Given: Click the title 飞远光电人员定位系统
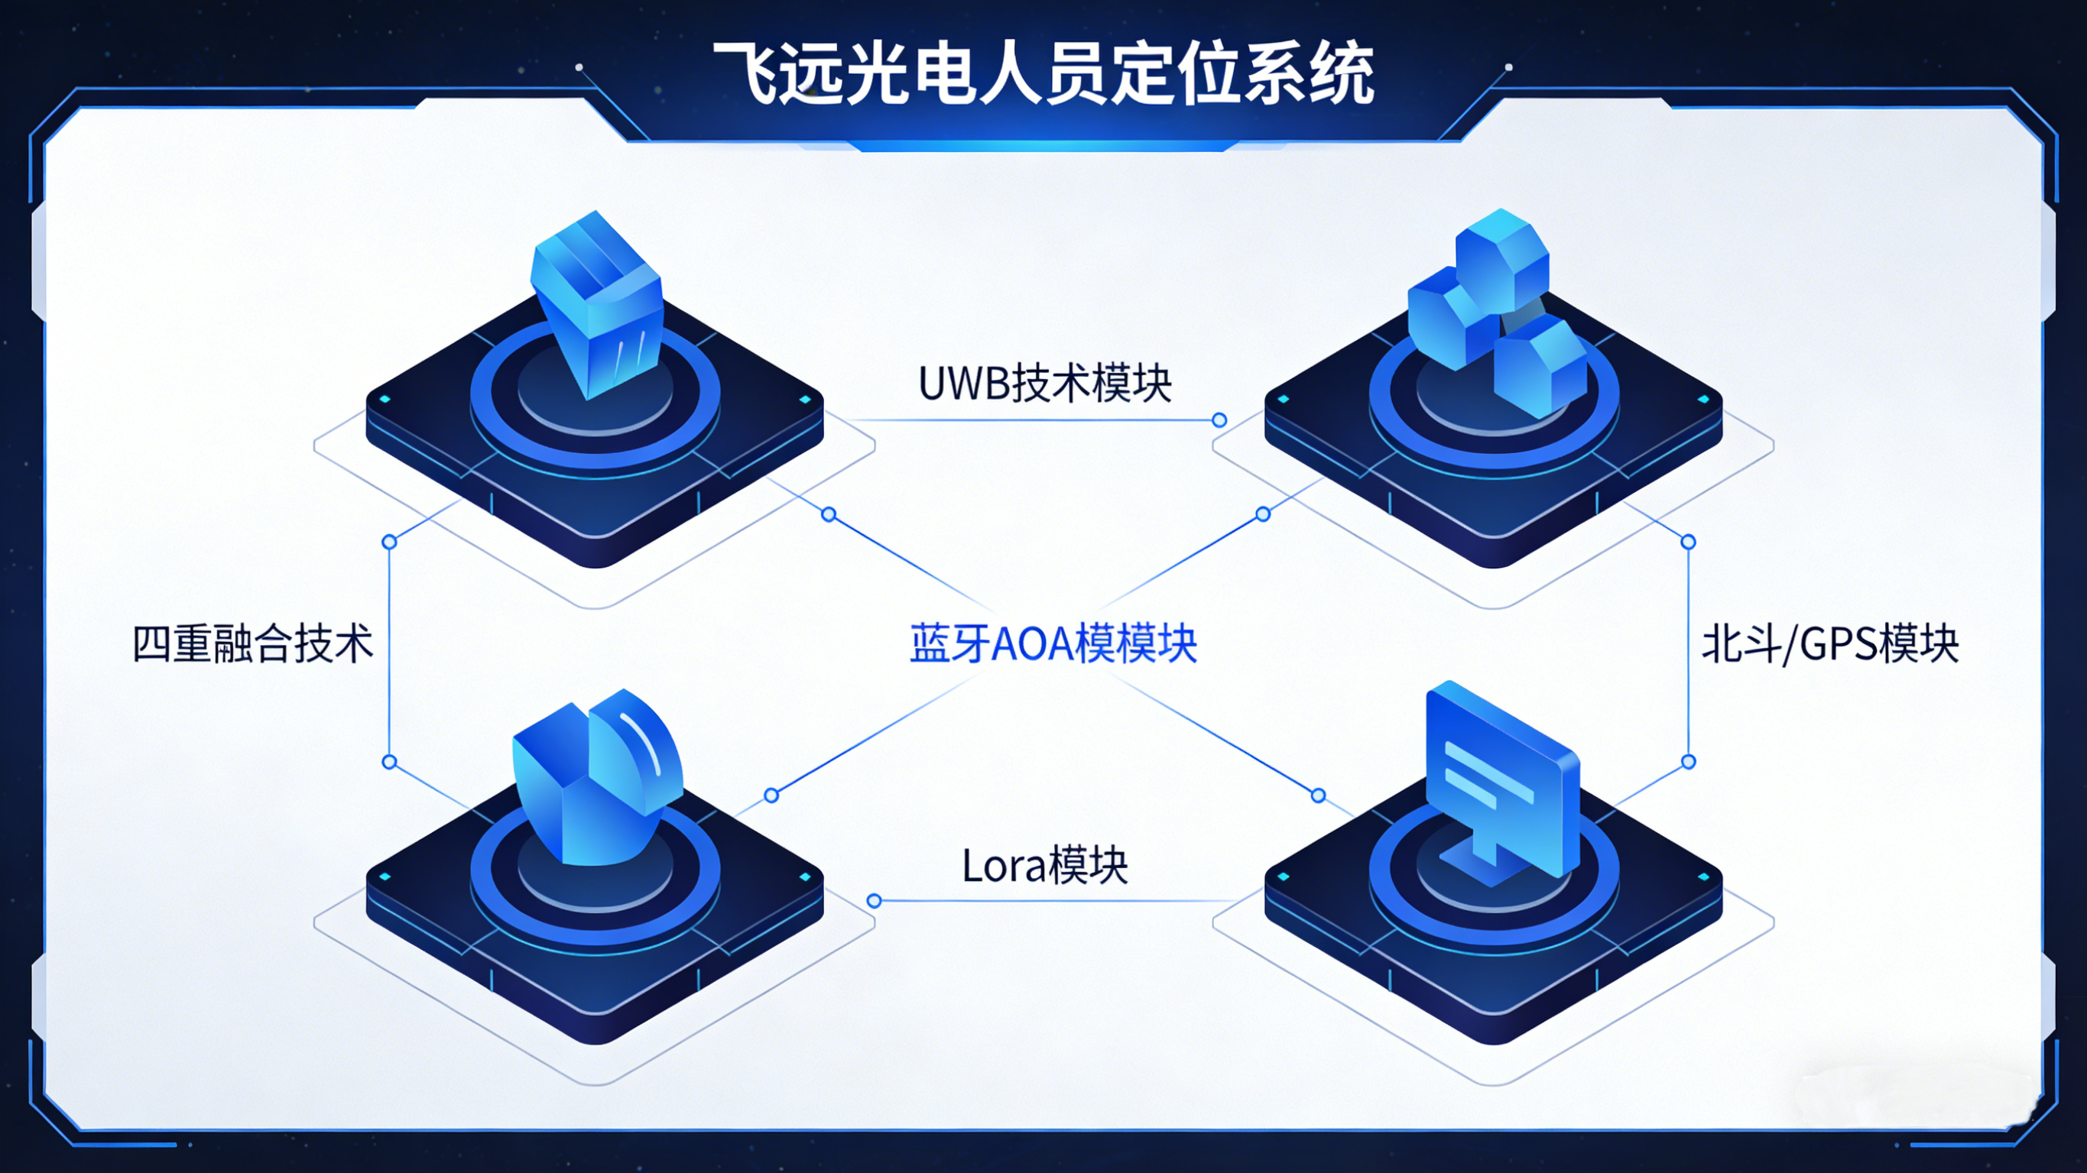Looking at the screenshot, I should pos(1043,75).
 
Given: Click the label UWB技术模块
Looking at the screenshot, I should pos(1044,384).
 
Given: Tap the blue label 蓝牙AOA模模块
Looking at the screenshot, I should pos(1053,645).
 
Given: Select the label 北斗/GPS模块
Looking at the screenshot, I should pos(1830,645).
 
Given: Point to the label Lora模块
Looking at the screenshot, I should pos(1044,865).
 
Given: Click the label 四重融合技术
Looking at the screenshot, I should pos(253,645).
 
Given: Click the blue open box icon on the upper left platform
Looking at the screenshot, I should pos(598,300).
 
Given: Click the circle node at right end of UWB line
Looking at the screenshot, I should pos(1219,420).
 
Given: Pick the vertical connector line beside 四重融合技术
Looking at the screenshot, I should pos(390,652).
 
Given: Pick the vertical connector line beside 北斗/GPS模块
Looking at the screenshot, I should pos(1689,652).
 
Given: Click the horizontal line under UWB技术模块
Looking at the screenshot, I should pos(1037,420).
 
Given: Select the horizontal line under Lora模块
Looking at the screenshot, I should pos(1053,901).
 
